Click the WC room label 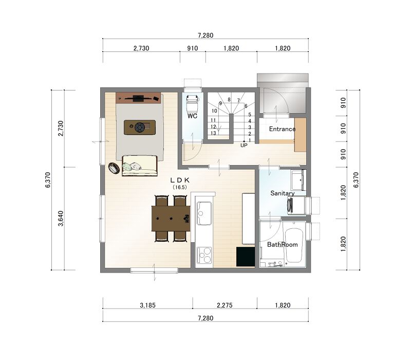click(192, 116)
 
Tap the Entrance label click(282, 129)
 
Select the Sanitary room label click(282, 193)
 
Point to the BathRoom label click(282, 245)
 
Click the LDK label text click(180, 180)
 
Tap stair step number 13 click(213, 133)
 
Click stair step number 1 click(250, 140)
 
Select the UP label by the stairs click(244, 145)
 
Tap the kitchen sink click(204, 213)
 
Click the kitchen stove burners click(204, 255)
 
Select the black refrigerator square click(246, 257)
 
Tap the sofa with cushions click(140, 165)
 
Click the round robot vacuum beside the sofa click(114, 168)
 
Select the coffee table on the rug click(140, 128)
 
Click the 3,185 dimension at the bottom click(147, 305)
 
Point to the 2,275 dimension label click(225, 305)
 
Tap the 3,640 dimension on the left click(61, 218)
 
